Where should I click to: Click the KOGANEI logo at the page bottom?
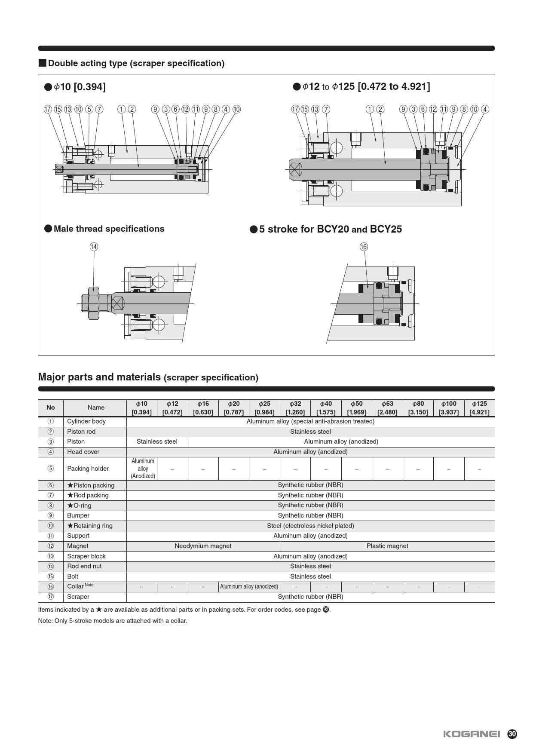(x=471, y=734)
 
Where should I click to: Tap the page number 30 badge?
(x=512, y=734)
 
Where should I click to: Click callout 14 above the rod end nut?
(x=94, y=247)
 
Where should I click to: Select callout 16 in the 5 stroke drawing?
(x=364, y=247)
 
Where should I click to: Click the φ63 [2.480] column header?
(x=387, y=408)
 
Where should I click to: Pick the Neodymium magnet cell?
(x=203, y=546)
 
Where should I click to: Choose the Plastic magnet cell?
(x=387, y=546)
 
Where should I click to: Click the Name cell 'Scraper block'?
(x=86, y=556)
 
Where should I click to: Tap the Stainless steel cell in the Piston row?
(x=157, y=441)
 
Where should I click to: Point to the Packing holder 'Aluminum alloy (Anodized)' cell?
(x=143, y=469)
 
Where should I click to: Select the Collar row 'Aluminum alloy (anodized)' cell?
(x=249, y=586)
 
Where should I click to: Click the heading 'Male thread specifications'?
(x=109, y=229)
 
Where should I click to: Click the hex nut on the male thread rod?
(x=93, y=303)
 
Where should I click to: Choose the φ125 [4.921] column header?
(x=479, y=408)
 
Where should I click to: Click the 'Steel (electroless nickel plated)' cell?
(x=310, y=526)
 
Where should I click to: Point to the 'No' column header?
(x=51, y=408)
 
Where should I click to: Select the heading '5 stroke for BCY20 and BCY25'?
(x=330, y=229)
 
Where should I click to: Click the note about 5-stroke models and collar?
(x=113, y=621)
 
